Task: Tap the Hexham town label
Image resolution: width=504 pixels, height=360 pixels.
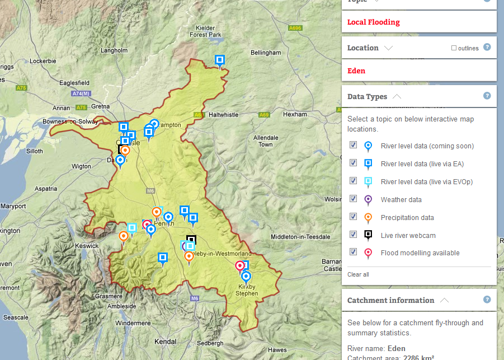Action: point(295,114)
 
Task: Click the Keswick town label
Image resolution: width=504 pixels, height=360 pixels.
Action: point(87,245)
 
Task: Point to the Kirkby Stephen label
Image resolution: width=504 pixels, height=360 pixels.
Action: point(247,290)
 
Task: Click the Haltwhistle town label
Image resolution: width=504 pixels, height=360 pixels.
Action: point(223,115)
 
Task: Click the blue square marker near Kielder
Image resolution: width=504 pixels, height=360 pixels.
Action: point(220,60)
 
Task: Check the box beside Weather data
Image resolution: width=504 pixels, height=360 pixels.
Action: point(353,198)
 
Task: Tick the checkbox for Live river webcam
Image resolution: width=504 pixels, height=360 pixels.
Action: point(353,234)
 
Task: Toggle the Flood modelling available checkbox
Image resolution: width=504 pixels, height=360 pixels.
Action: point(353,252)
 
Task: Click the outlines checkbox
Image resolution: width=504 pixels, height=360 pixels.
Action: point(454,48)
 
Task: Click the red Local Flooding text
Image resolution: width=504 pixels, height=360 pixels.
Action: point(373,22)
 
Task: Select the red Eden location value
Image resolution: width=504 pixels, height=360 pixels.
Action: point(356,71)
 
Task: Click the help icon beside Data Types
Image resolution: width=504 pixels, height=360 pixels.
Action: point(487,96)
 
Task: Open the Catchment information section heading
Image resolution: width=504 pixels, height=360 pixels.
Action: point(390,300)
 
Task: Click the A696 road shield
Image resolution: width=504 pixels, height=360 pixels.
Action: point(295,28)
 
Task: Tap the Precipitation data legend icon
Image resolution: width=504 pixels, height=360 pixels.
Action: point(368,217)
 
